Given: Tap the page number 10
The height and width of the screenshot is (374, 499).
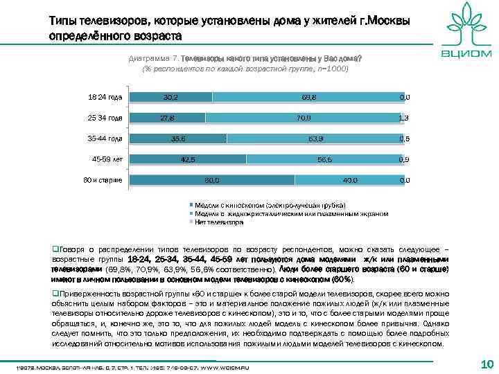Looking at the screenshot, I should pyautogui.click(x=486, y=364).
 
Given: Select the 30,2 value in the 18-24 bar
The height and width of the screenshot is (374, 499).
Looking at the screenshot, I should pyautogui.click(x=170, y=97).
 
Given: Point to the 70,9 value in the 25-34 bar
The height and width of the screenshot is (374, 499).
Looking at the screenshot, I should pyautogui.click(x=303, y=118).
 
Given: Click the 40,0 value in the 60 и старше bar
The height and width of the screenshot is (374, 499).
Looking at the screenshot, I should pyautogui.click(x=350, y=180).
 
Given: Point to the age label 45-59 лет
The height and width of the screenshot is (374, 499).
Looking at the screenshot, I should pyautogui.click(x=107, y=159).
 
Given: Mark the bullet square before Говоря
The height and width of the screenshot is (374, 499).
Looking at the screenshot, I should pyautogui.click(x=55, y=247).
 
